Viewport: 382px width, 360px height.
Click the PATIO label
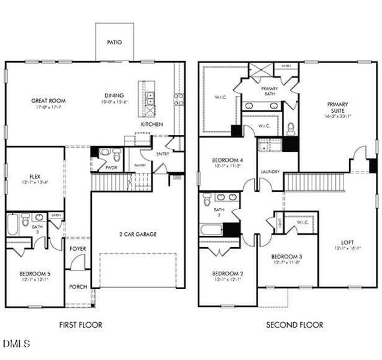[114, 43]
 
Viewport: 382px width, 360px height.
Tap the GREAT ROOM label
[49, 101]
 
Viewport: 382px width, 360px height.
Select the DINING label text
[114, 95]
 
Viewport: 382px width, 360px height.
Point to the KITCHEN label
[151, 124]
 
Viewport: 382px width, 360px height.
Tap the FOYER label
[78, 248]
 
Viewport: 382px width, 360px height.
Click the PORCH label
[78, 287]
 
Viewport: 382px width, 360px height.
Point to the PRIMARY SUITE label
[338, 107]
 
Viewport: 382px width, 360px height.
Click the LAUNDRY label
[270, 172]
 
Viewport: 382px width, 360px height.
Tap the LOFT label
[348, 242]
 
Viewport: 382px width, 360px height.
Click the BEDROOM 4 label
[228, 160]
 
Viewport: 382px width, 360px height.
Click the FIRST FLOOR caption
[80, 325]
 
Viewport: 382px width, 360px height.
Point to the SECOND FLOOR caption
[294, 325]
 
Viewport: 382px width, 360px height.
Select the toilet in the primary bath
[291, 128]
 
